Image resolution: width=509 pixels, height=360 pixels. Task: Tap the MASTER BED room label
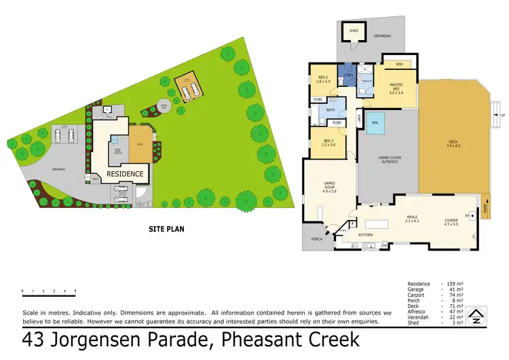[x=396, y=88]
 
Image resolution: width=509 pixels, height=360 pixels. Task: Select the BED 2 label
[x=323, y=79]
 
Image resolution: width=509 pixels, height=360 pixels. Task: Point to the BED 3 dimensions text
[x=327, y=145]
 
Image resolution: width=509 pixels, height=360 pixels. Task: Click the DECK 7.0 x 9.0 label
[x=453, y=145]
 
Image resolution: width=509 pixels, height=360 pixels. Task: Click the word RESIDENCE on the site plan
[x=125, y=174]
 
